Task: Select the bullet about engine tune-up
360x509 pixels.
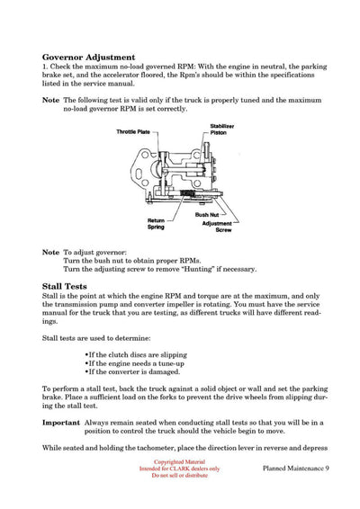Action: (133, 363)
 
